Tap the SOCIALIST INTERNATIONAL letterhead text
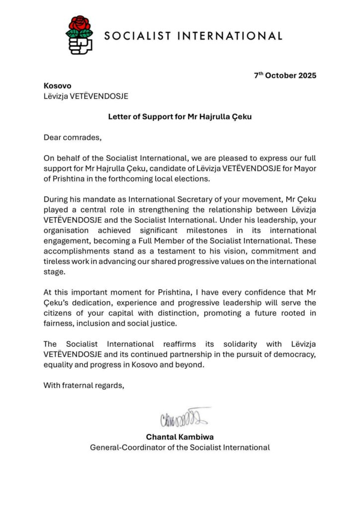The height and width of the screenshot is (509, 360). (x=193, y=36)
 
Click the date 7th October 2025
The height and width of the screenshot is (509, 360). (x=285, y=76)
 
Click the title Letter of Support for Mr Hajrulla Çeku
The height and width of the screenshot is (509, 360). (x=180, y=117)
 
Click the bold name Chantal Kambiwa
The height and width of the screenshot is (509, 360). (x=180, y=436)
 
